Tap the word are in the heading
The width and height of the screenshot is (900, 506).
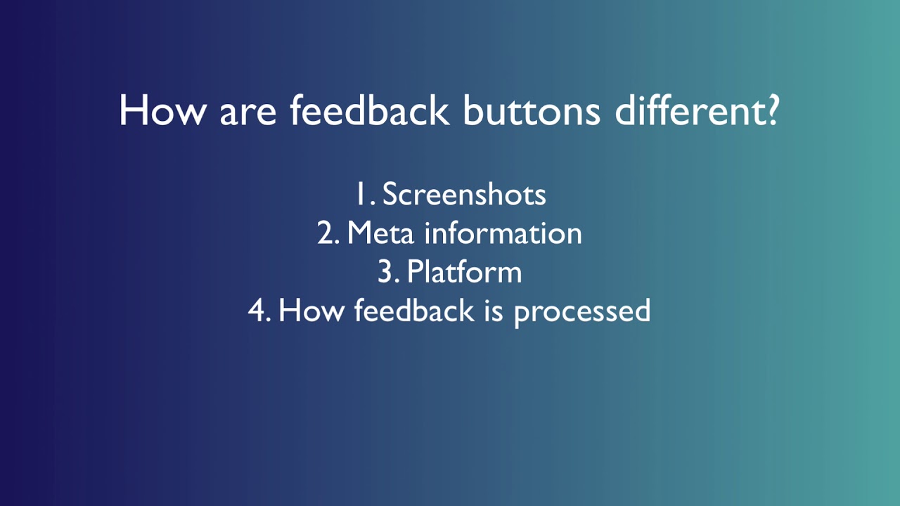pos(248,112)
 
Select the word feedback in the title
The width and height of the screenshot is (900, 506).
pos(370,111)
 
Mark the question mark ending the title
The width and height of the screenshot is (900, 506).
pos(771,111)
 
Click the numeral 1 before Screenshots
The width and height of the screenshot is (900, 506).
pos(360,195)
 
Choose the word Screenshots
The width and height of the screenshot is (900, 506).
pos(464,195)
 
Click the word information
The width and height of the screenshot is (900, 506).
pos(503,233)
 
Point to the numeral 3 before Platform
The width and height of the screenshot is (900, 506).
pos(385,272)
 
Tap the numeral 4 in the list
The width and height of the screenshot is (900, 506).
pos(256,311)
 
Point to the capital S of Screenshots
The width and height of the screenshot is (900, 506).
pos(390,195)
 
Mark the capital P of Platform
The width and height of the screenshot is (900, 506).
pos(414,272)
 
